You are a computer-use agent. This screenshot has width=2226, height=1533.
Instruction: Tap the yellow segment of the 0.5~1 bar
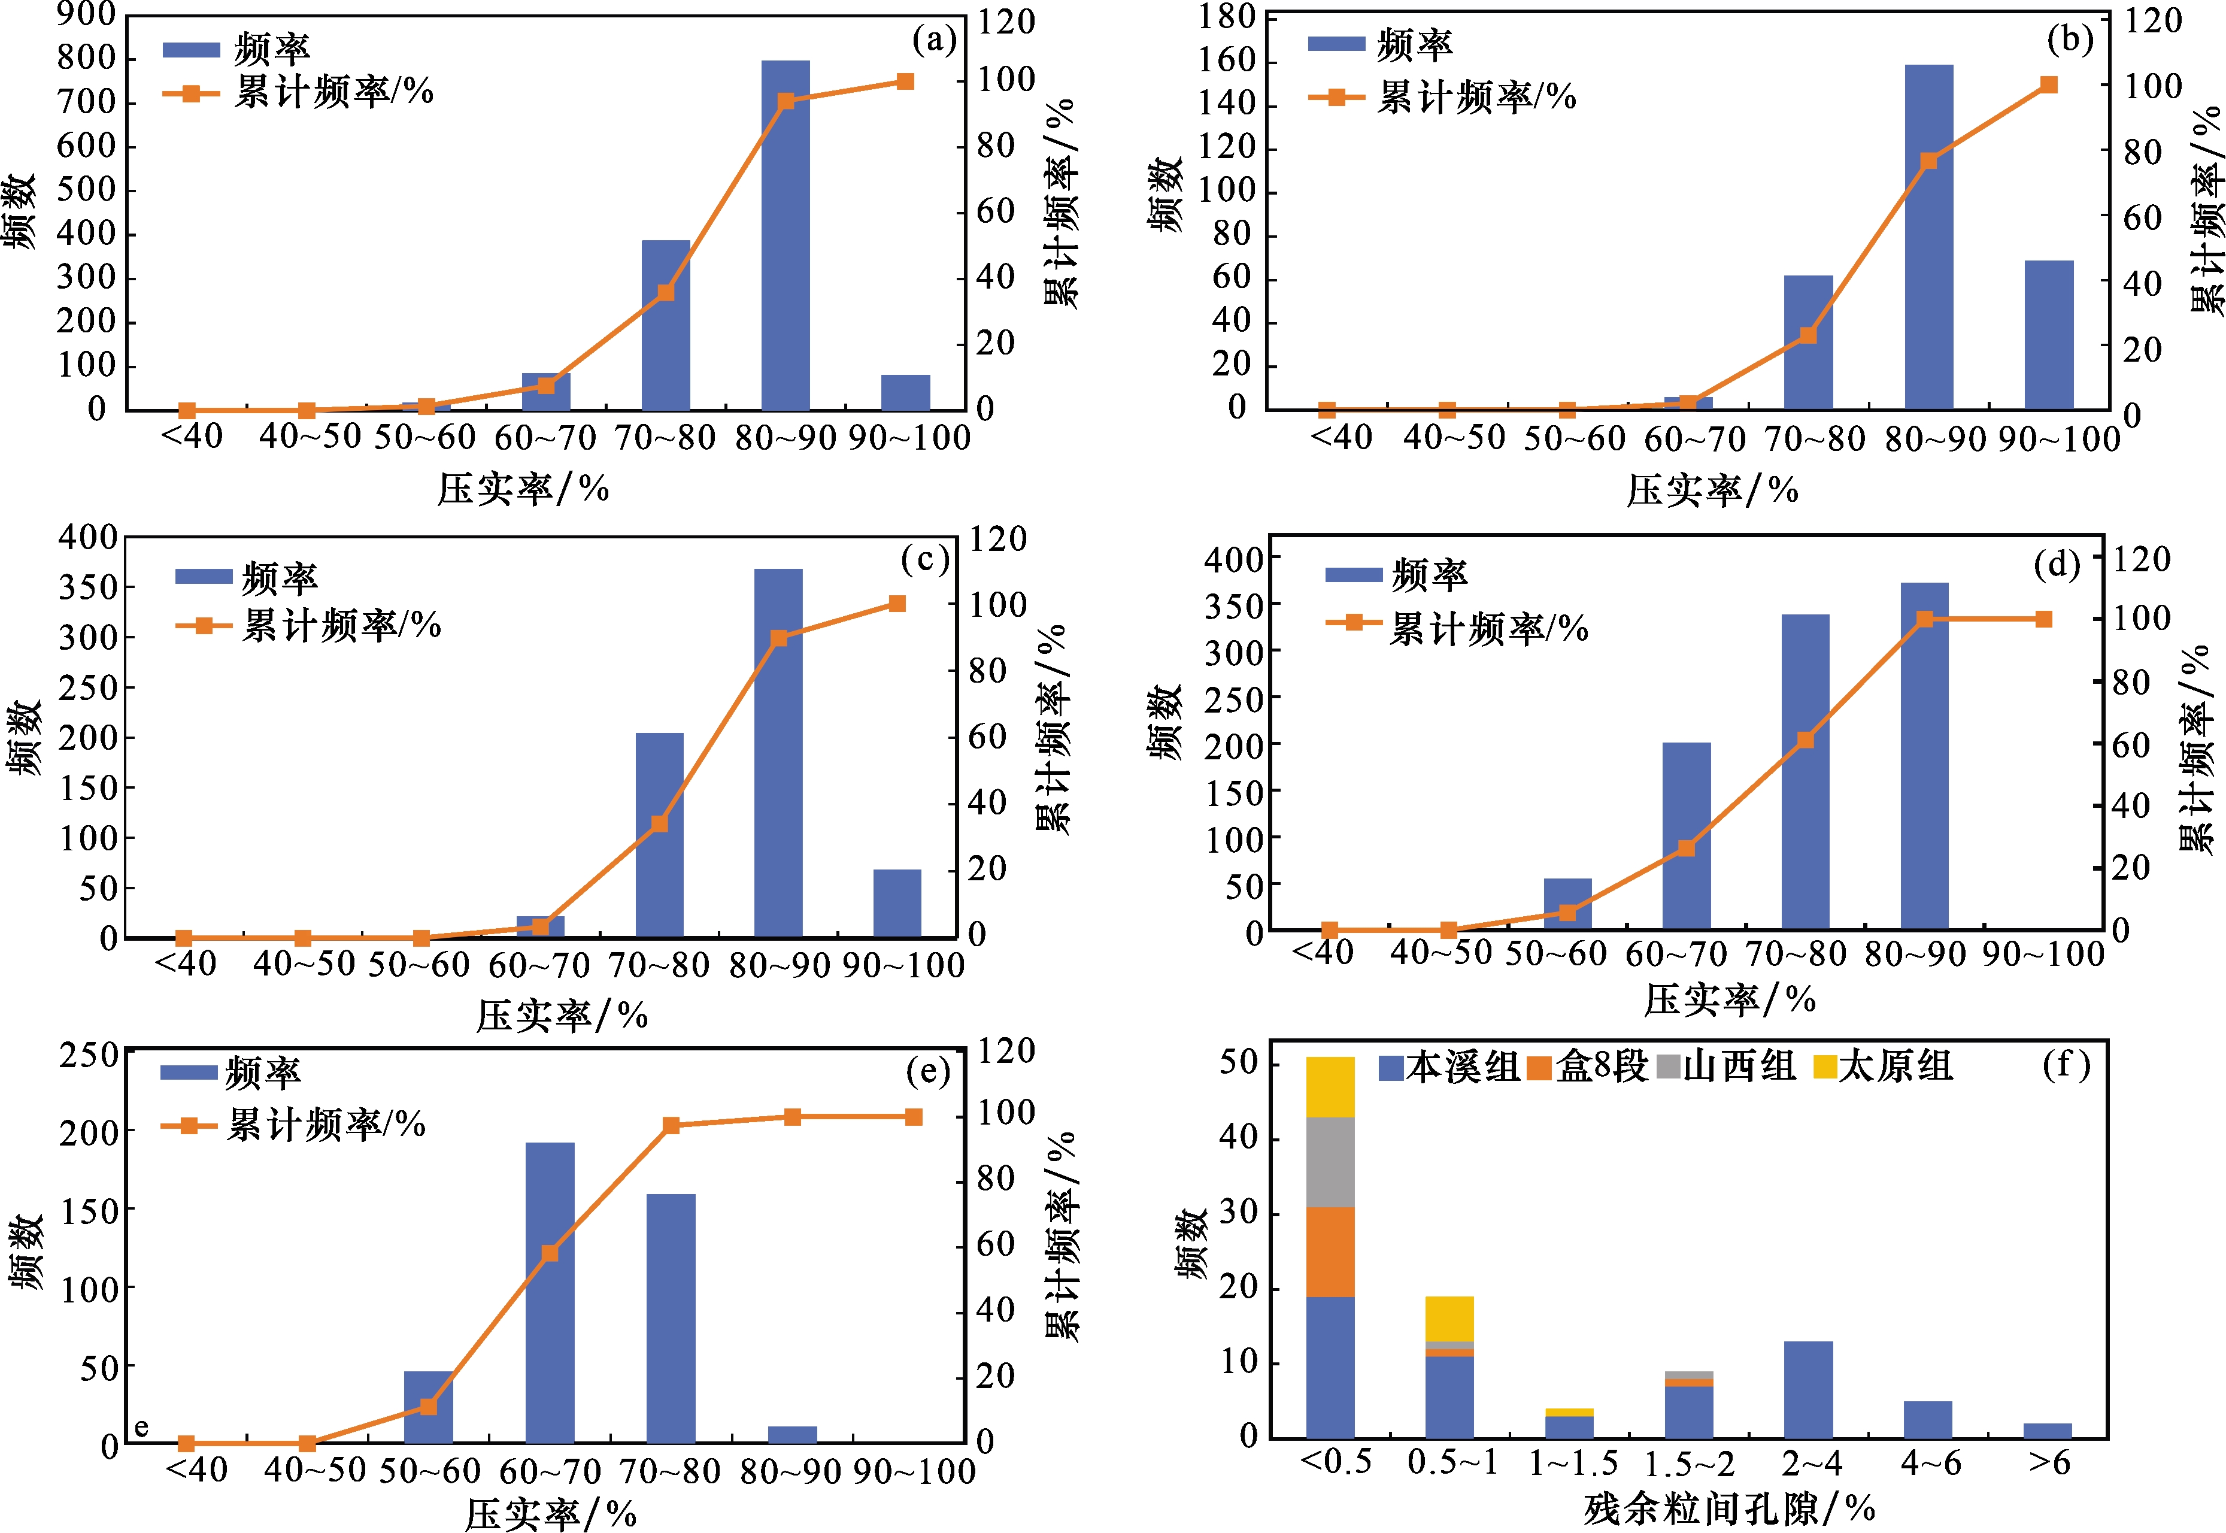pos(1449,1318)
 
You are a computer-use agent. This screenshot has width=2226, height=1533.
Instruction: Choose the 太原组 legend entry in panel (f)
pos(1882,1066)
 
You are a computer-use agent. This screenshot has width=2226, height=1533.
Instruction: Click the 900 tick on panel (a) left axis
pos(86,14)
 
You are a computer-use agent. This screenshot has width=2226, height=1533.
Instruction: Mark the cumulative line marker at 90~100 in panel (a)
pos(905,81)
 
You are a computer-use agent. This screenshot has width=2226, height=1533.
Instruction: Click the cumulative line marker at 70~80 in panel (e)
pos(671,1126)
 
